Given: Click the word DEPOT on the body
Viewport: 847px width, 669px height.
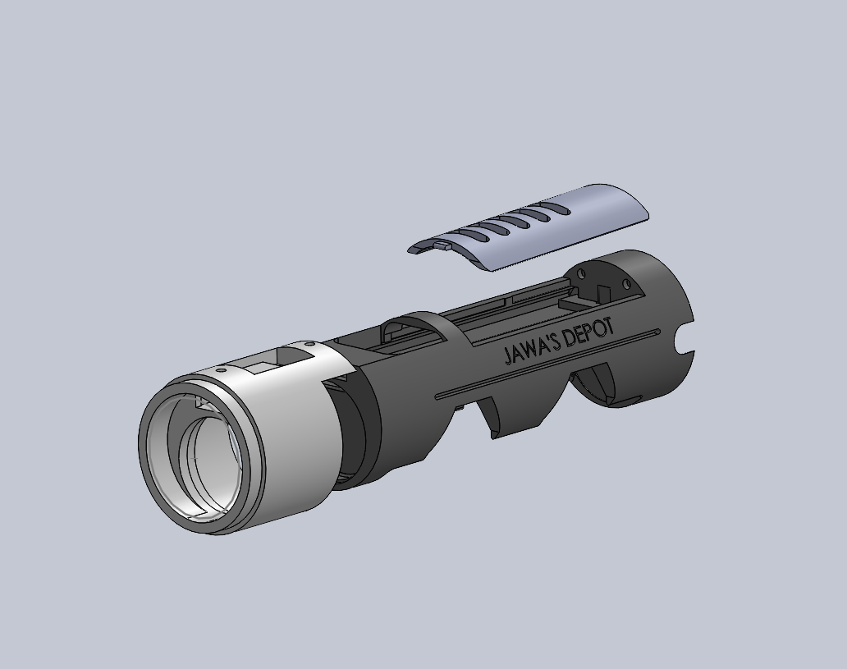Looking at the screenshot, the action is tap(588, 332).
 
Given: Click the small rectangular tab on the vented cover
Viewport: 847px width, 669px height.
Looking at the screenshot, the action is tap(442, 246).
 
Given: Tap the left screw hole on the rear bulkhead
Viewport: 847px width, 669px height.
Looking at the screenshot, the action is tap(582, 273).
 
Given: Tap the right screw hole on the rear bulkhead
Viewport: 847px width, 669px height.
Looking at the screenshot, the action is tap(626, 283).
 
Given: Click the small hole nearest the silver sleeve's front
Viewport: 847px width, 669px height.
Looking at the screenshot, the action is tap(221, 371).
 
